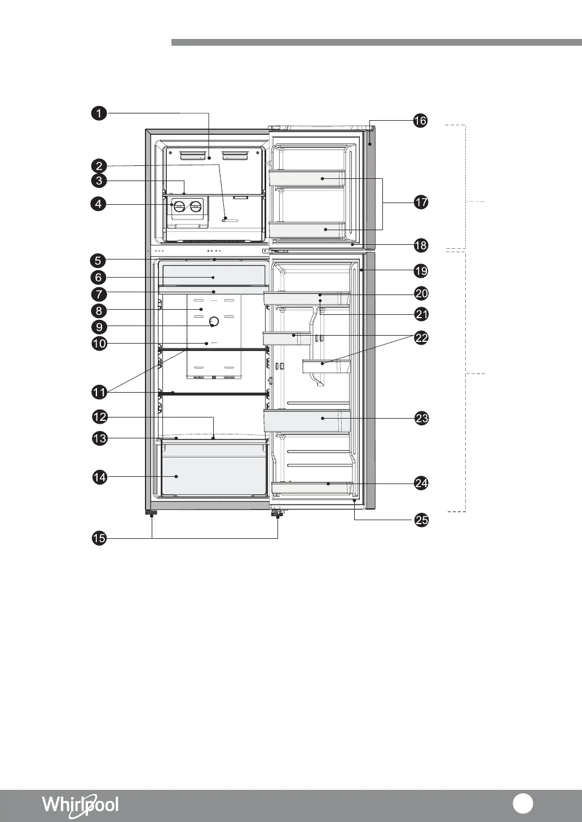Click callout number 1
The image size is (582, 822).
tap(99, 113)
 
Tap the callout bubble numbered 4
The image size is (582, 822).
tap(98, 204)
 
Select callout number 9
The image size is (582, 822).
tap(99, 327)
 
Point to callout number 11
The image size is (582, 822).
tap(99, 392)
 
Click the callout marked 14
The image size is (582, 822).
tap(100, 477)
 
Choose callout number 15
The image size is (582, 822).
tap(99, 538)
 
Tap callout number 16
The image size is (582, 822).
tap(421, 120)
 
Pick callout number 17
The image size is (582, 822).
tap(421, 202)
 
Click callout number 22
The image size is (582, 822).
tap(421, 337)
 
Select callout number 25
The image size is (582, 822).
tap(421, 520)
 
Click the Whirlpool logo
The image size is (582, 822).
tap(80, 805)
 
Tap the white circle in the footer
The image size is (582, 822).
tap(523, 803)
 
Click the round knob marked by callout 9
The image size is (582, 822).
tap(214, 322)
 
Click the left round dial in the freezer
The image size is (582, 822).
tap(179, 207)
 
